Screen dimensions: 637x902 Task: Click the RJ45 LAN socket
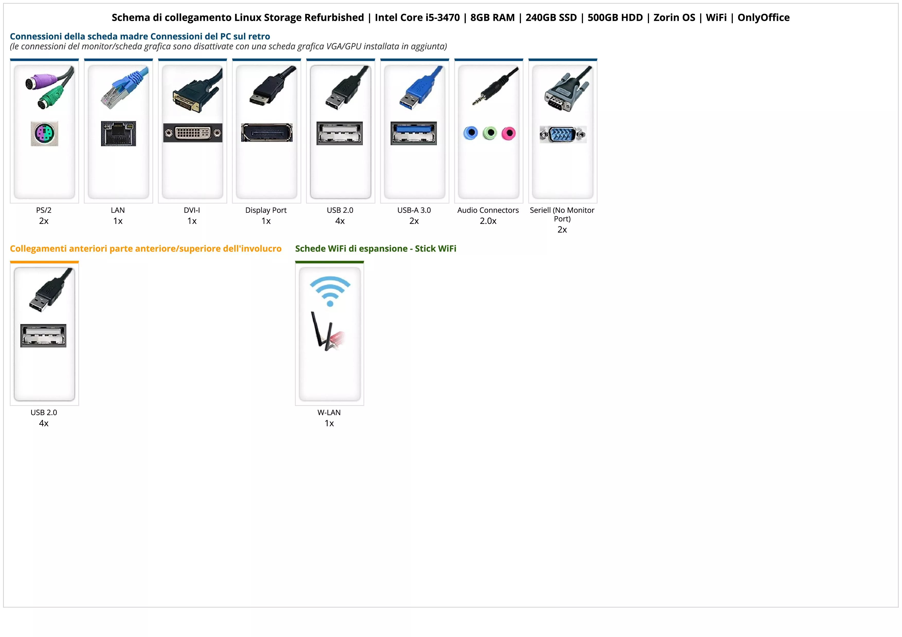118,133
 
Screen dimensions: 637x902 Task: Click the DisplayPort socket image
267,133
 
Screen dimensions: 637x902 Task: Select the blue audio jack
471,133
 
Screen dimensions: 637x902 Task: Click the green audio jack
490,133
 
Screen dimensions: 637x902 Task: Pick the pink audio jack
508,133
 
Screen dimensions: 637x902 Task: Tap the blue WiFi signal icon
330,290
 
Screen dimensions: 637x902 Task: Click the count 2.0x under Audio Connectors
488,221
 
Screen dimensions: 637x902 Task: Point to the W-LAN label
329,412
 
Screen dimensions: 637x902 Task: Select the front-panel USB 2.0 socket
43,336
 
